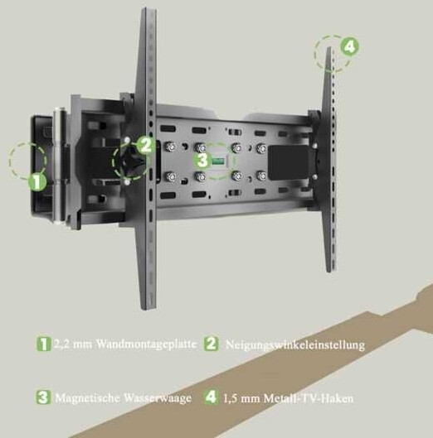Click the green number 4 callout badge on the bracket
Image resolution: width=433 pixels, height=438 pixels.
pyautogui.click(x=349, y=46)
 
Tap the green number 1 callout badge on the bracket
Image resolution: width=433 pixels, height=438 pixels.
pyautogui.click(x=37, y=182)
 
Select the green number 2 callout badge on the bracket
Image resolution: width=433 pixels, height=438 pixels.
pyautogui.click(x=146, y=145)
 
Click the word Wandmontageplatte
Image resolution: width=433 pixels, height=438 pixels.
pyautogui.click(x=146, y=344)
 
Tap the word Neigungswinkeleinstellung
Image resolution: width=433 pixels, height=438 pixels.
pyautogui.click(x=295, y=345)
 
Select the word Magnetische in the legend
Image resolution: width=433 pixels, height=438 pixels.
pyautogui.click(x=88, y=397)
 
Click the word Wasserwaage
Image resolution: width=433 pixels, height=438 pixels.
pyautogui.click(x=158, y=397)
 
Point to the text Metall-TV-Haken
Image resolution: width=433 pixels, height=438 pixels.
pyautogui.click(x=309, y=398)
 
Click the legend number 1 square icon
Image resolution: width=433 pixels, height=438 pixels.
pyautogui.click(x=44, y=344)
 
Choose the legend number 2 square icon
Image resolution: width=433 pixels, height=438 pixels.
pyautogui.click(x=211, y=344)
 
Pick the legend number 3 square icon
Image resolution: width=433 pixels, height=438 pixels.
pyautogui.click(x=43, y=397)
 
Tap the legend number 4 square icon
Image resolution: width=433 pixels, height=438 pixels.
pyautogui.click(x=212, y=397)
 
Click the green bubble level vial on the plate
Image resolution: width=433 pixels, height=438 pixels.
pyautogui.click(x=218, y=161)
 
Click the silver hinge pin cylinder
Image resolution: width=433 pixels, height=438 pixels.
pyautogui.click(x=60, y=166)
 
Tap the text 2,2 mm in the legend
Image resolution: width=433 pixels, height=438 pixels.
pyautogui.click(x=73, y=344)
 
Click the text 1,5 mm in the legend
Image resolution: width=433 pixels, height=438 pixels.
pyautogui.click(x=242, y=398)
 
